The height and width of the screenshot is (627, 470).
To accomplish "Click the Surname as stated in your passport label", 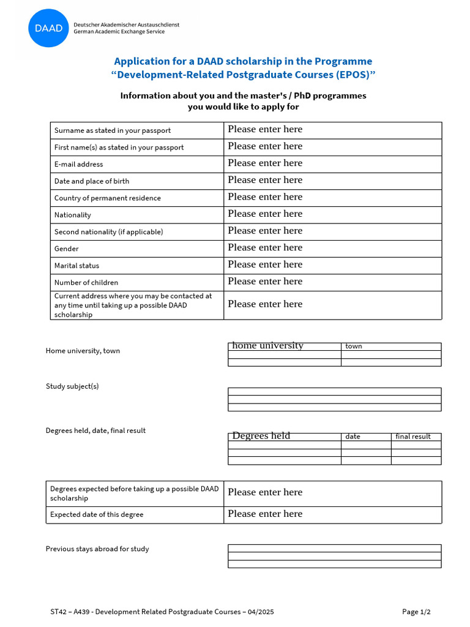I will pos(112,130).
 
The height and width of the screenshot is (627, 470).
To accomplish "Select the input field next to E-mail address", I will pos(332,163).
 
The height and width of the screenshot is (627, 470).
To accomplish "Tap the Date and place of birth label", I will pos(92,181).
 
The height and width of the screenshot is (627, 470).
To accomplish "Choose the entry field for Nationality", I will pos(332,214).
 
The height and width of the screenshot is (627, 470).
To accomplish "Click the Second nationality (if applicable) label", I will pos(108,232).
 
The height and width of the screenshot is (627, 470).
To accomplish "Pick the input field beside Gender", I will pos(332,248).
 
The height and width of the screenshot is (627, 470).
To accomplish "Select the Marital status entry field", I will pos(332,265).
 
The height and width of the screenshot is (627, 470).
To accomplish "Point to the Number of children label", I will pos(86,283).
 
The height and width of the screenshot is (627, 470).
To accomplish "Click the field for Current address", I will pos(332,304).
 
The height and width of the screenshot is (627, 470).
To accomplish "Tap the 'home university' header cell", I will pos(284,346).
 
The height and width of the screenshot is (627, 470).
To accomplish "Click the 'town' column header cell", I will pos(390,346).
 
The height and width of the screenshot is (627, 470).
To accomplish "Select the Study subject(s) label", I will pos(72,386).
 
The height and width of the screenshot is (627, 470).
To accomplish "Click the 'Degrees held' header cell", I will pos(284,436).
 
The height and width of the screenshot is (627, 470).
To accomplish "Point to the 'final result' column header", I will pos(416,437).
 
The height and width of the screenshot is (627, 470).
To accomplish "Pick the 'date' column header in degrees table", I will pos(365,437).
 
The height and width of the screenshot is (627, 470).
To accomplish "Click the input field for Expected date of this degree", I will pos(332,514).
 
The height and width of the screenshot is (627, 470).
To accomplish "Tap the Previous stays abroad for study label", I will pos(97,549).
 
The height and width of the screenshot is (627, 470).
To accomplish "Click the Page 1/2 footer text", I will pos(416,612).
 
